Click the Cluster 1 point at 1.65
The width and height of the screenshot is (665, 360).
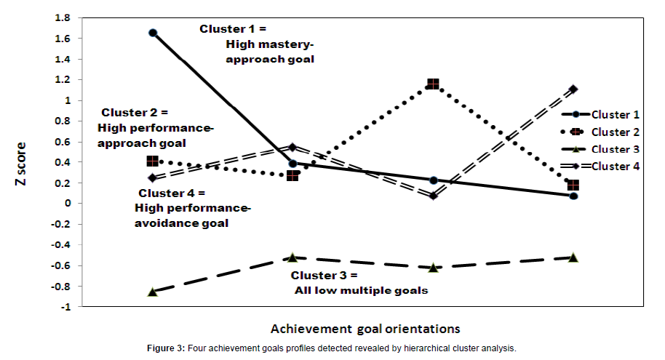[x=153, y=33]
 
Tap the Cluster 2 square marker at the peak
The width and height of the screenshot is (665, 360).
[x=434, y=84]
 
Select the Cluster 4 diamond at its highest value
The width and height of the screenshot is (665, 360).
[x=574, y=89]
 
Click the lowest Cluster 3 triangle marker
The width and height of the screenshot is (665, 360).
[x=153, y=292]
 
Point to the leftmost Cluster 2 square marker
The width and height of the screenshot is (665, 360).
[x=153, y=161]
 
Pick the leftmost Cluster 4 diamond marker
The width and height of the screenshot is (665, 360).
[x=153, y=177]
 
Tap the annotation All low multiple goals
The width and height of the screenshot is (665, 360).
[x=361, y=290]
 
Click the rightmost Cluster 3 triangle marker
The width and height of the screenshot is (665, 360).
[x=573, y=257]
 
